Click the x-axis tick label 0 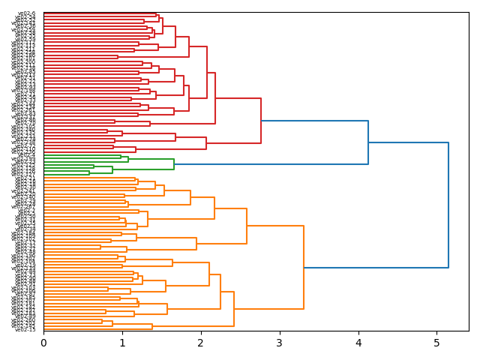[x=43, y=342]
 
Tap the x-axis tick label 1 [x=122, y=342]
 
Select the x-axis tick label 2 [x=201, y=342]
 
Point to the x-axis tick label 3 [x=280, y=342]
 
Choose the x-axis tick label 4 [x=358, y=342]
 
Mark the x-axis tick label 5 [x=437, y=342]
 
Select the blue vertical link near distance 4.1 [x=368, y=142]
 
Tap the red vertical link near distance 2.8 [x=261, y=121]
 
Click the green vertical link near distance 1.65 [x=174, y=164]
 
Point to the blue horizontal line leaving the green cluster [x=271, y=164]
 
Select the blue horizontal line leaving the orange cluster [x=376, y=268]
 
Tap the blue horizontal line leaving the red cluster [x=314, y=121]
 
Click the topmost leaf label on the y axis [x=26, y=13]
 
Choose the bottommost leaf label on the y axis [x=26, y=329]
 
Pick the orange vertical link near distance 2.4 [x=234, y=308]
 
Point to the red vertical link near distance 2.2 [x=215, y=98]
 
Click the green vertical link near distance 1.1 [x=128, y=159]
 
